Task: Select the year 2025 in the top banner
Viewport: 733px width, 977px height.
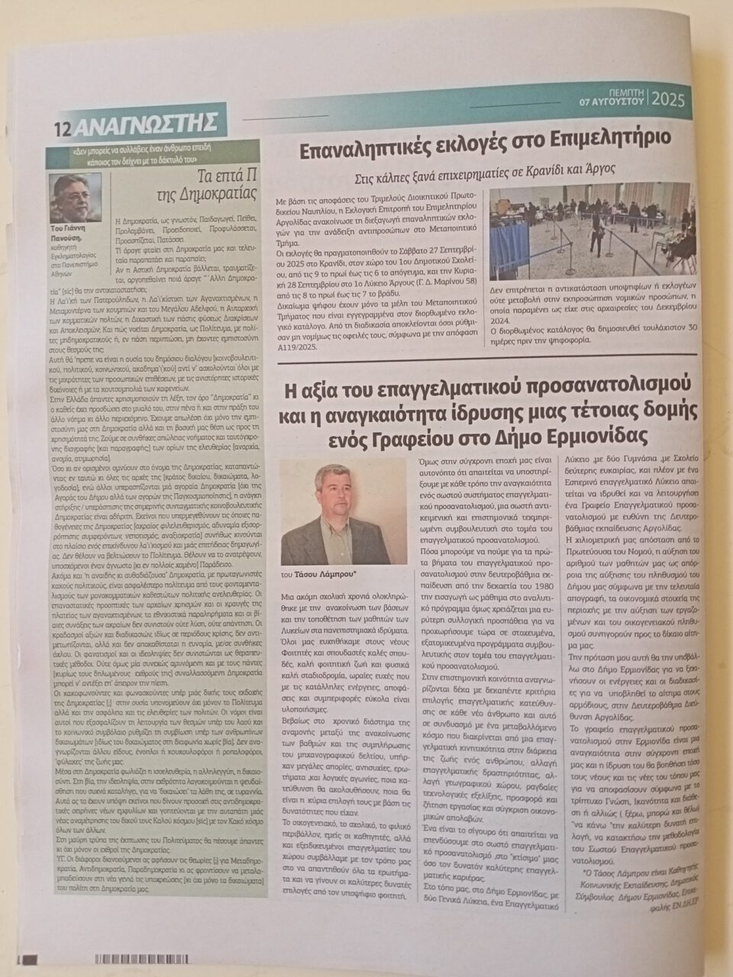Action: point(669,99)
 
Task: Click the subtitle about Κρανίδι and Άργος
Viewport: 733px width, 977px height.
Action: point(486,169)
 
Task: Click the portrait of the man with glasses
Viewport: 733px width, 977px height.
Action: point(76,198)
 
